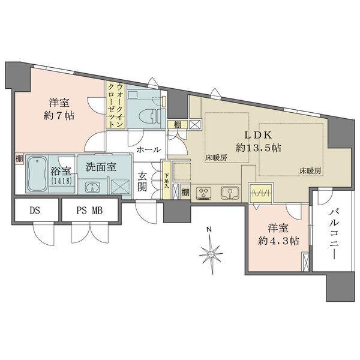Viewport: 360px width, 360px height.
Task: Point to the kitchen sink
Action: point(229,193)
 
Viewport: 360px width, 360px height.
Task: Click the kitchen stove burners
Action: point(206,193)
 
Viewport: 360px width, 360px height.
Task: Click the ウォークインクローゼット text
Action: point(116,104)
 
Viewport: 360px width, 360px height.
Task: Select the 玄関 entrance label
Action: point(145,182)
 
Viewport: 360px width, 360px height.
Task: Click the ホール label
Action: point(148,149)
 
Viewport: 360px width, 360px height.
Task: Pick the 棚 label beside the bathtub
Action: point(20,159)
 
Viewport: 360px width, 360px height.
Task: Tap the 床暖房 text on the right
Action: point(310,171)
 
